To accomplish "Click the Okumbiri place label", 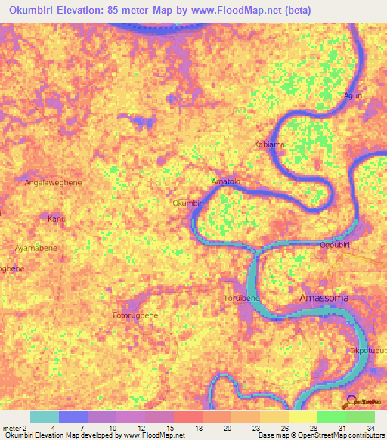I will [189, 203].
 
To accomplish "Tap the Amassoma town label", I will [324, 298].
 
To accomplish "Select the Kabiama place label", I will [268, 143].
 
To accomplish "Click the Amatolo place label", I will [224, 181].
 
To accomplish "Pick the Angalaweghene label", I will [53, 182].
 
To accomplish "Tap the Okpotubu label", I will [367, 351].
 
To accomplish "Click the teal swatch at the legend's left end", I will [45, 417].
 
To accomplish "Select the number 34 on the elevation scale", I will [370, 429].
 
